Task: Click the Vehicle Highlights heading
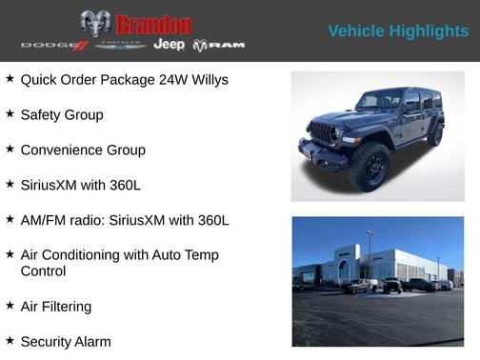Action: click(x=398, y=31)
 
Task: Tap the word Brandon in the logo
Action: click(x=153, y=25)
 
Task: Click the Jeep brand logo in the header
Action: click(x=170, y=45)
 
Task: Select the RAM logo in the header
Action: click(x=219, y=45)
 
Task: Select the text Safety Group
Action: click(x=62, y=115)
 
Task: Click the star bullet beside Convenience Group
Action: click(x=10, y=150)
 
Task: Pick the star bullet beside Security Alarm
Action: click(x=10, y=340)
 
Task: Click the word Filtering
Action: click(x=67, y=306)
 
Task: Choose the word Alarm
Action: click(x=91, y=341)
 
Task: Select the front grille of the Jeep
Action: click(x=324, y=133)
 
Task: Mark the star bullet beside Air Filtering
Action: click(x=10, y=305)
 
